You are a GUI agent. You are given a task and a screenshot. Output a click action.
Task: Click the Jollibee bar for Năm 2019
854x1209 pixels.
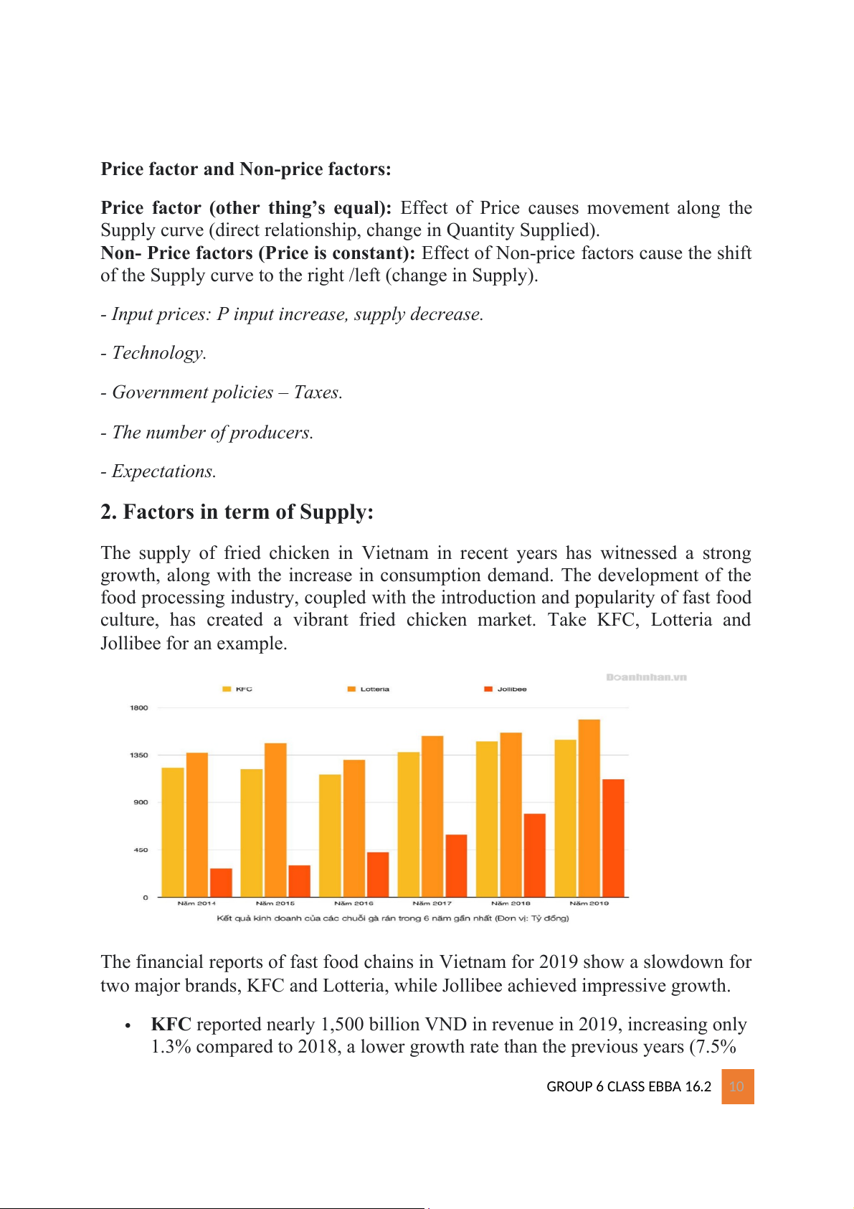[613, 837]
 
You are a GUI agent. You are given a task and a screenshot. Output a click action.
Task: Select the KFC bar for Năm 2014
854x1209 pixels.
[173, 832]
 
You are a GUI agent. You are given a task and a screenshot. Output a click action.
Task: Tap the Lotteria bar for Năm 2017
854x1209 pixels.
[432, 816]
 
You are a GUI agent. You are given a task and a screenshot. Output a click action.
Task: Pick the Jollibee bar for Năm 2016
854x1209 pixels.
[378, 874]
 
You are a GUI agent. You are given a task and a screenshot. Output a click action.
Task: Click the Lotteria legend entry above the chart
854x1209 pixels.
[369, 689]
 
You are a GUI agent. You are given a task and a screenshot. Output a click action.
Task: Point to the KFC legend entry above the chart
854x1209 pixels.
[237, 689]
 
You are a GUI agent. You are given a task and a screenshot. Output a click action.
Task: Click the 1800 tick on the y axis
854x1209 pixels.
[138, 707]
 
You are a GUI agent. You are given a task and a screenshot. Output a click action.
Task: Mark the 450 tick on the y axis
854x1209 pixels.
[141, 850]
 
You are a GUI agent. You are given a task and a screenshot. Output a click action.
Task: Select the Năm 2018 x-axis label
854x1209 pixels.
[511, 903]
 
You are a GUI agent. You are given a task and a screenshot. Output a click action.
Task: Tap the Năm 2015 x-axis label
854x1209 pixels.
[275, 903]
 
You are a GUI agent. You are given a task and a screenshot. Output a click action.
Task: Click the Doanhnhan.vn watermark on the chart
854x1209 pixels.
[646, 677]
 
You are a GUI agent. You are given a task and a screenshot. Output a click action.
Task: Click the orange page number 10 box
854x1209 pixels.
[737, 1086]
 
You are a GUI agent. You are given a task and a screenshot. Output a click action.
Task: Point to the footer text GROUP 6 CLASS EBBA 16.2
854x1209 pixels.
[629, 1086]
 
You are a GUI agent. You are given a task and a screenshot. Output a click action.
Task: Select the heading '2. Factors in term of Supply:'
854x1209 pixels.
[237, 512]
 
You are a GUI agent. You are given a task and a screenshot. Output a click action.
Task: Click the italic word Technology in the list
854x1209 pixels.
[158, 353]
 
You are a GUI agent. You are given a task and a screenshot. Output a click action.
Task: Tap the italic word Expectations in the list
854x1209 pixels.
[163, 471]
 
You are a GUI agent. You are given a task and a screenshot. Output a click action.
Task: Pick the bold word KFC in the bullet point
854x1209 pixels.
[171, 1024]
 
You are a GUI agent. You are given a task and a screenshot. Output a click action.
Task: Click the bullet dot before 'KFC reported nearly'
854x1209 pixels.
[128, 1025]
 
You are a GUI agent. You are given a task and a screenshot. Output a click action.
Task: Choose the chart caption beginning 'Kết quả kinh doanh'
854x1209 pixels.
[393, 918]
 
